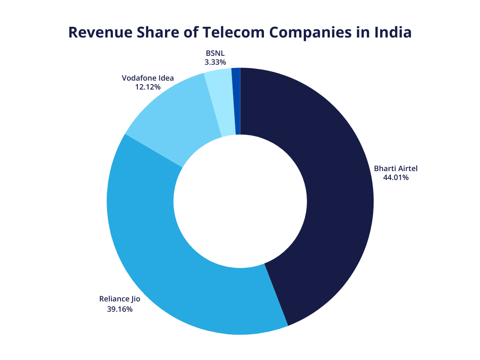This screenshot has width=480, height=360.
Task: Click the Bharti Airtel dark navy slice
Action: click(x=323, y=187)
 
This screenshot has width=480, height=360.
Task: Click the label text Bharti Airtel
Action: click(x=395, y=168)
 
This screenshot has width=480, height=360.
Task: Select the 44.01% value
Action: click(x=396, y=178)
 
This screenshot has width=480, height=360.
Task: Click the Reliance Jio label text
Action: click(x=120, y=299)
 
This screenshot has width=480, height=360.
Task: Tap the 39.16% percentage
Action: click(x=120, y=309)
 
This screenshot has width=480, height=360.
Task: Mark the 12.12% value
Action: click(x=148, y=87)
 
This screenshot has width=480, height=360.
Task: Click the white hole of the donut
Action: click(x=240, y=201)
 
